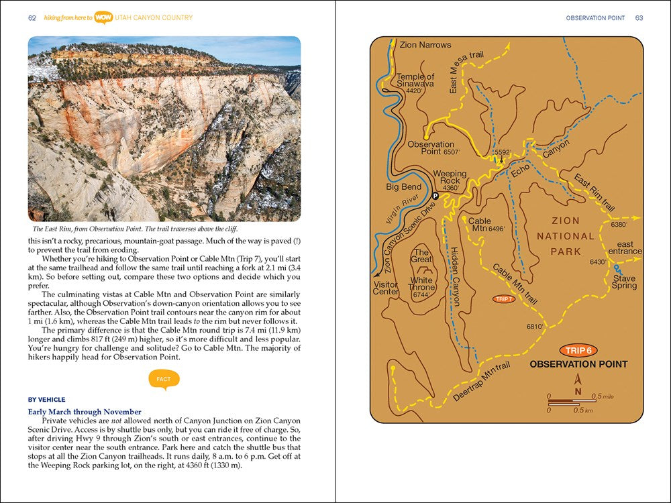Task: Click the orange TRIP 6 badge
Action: tap(578, 350)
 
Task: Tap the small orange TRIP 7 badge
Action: tap(504, 299)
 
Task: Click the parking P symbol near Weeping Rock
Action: tap(435, 196)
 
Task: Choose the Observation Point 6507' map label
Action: tap(431, 148)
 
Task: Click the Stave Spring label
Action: tap(623, 282)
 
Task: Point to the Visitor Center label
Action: tap(386, 288)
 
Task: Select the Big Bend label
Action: tap(404, 187)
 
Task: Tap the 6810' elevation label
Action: tap(535, 327)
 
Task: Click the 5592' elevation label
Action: tap(503, 152)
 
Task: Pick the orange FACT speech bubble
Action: tap(163, 379)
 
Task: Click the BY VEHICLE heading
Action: tap(47, 400)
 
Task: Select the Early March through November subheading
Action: tap(85, 412)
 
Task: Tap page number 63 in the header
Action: tap(639, 18)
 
